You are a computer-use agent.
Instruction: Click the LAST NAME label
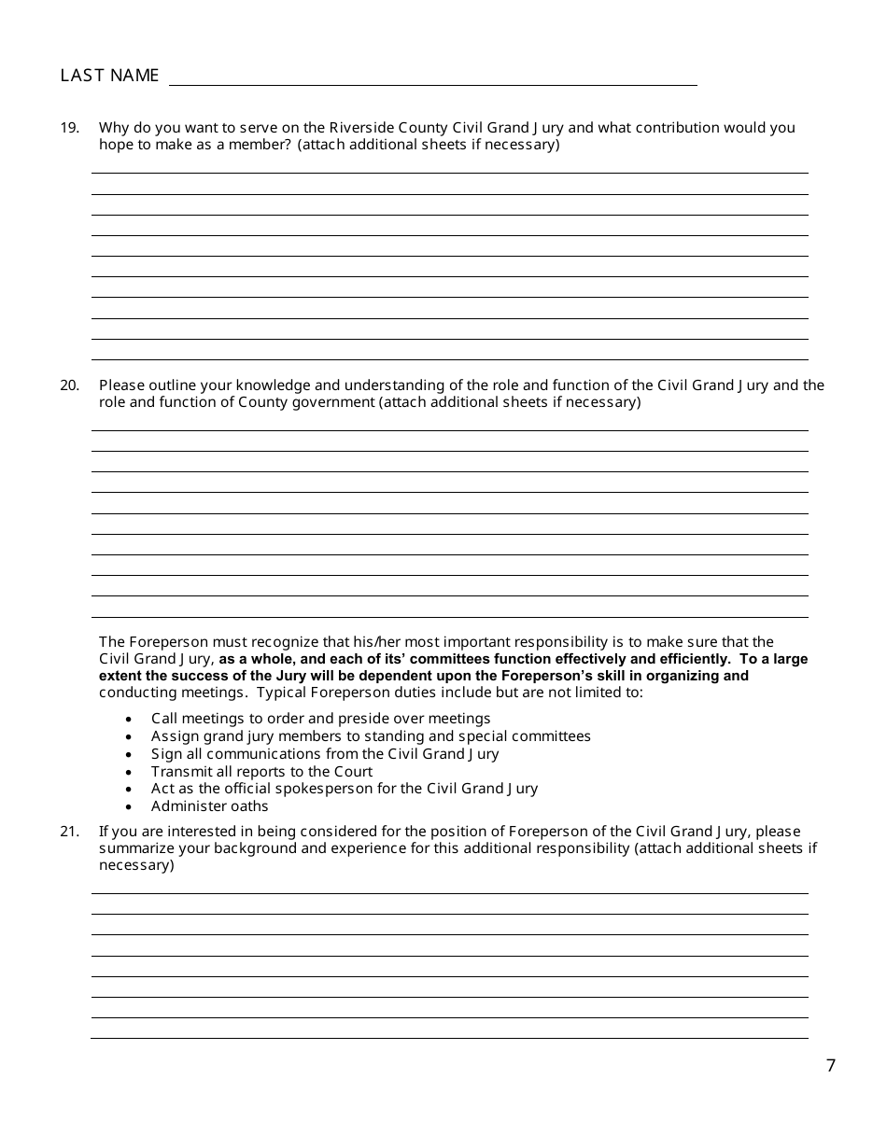[x=109, y=76]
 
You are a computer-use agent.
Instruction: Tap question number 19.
[x=70, y=128]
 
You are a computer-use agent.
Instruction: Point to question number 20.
[x=70, y=385]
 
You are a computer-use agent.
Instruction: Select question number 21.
[x=70, y=832]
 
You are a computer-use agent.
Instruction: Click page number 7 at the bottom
[x=831, y=1066]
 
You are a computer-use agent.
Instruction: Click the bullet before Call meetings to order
[x=128, y=720]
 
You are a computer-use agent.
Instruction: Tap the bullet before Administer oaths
[x=128, y=807]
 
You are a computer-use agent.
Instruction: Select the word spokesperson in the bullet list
[x=301, y=789]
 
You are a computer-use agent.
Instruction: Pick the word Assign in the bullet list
[x=174, y=736]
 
